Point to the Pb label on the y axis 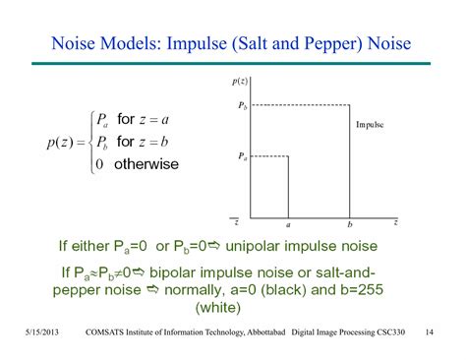242,104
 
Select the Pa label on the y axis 242,155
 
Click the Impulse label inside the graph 370,125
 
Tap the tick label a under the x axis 287,224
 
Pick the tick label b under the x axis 350,224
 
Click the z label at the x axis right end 394,223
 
